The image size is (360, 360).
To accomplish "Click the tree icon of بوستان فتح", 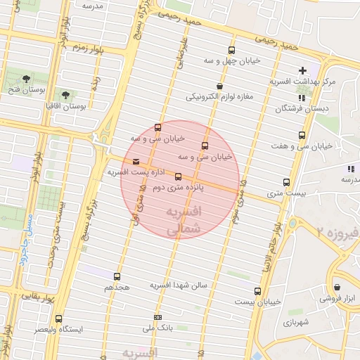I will tap(27, 78).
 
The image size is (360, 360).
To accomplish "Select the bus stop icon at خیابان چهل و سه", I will tap(231, 50).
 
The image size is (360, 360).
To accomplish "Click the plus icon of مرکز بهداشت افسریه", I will tap(303, 70).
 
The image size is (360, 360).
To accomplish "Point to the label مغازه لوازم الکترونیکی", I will tap(219, 97).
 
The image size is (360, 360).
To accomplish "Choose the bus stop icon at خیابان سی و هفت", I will tap(302, 135).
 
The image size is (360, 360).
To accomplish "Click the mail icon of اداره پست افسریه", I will tap(136, 162).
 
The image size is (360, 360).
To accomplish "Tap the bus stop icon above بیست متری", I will tap(285, 182).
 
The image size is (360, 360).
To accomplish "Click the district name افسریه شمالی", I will tap(186, 220).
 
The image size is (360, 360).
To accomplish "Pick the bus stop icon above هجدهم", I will tap(117, 276).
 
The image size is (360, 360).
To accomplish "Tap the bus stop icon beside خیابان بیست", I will tap(257, 291).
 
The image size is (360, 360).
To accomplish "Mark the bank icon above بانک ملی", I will tap(157, 317).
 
